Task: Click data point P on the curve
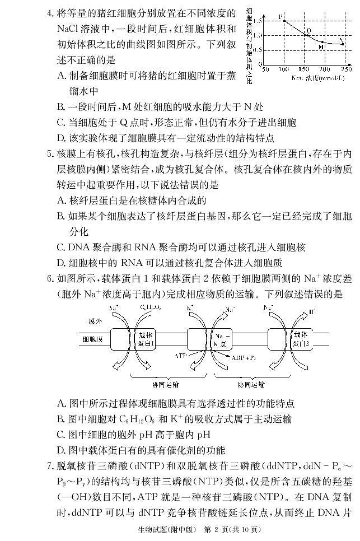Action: tap(284, 21)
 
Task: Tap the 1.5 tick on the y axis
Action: tap(258, 21)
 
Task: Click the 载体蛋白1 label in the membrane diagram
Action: tap(147, 339)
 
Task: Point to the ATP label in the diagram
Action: tap(180, 356)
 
